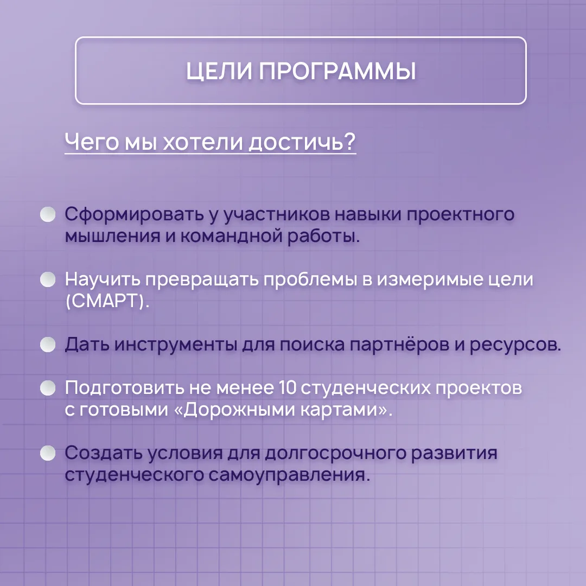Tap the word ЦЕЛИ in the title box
click(x=219, y=71)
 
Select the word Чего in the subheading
click(x=92, y=142)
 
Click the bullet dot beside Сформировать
click(x=48, y=214)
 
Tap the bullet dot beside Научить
click(x=48, y=279)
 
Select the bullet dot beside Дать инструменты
click(x=48, y=344)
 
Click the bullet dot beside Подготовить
click(x=48, y=387)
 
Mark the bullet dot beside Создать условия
click(x=48, y=453)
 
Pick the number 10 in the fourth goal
click(x=287, y=387)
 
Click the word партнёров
click(x=399, y=345)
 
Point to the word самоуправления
click(x=289, y=475)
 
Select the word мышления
click(x=112, y=236)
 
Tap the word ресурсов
click(x=515, y=345)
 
